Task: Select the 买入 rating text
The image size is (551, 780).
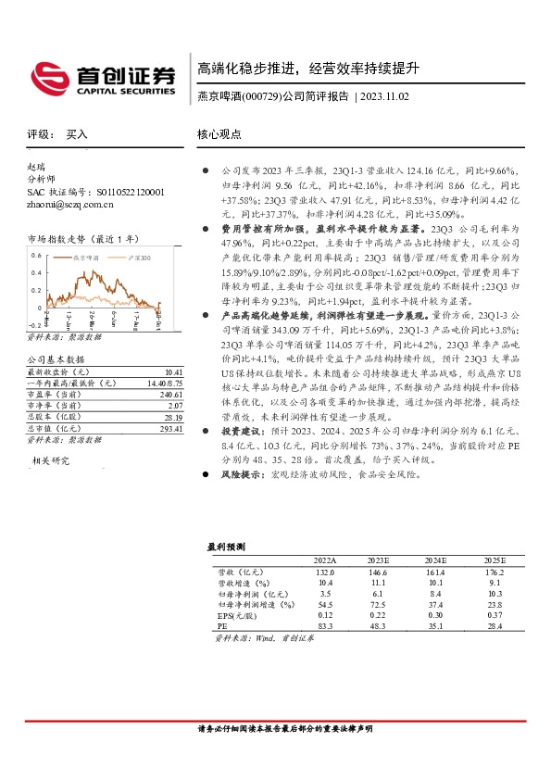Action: (x=77, y=134)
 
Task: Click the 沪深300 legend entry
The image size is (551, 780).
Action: (x=138, y=257)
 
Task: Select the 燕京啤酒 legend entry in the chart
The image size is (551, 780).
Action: (x=86, y=257)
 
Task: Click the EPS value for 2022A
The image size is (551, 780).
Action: (x=324, y=615)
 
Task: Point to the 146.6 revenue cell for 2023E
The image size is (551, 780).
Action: (x=379, y=572)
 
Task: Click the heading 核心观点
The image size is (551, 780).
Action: (x=219, y=134)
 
